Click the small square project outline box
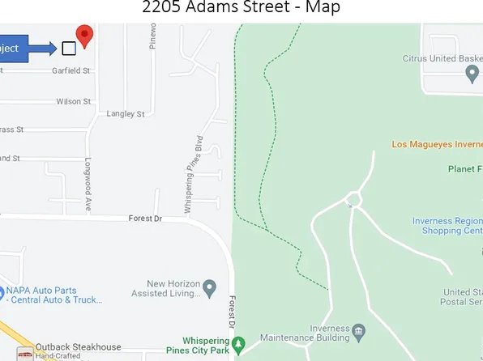coord(69,49)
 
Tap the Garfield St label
coord(71,71)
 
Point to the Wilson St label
coord(73,102)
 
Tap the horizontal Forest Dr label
coord(146,219)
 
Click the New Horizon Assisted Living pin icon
coord(210,287)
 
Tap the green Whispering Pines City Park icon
coord(238,346)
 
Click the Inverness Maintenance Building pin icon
coord(360,330)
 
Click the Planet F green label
coord(464,169)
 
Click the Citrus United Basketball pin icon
coord(473,74)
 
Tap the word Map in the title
coord(323,8)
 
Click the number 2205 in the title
coord(160,8)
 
